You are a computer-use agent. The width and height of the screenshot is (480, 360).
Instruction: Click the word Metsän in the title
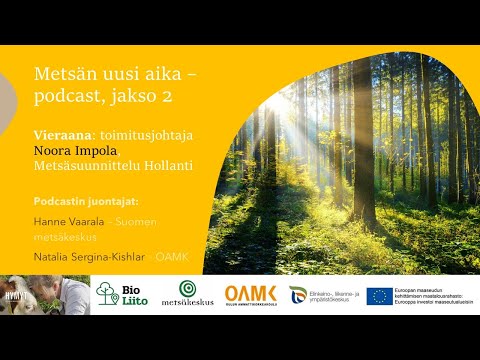pos(61,74)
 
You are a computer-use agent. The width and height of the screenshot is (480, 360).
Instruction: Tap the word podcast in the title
pos(67,98)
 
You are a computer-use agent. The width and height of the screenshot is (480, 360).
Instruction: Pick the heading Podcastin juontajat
pos(86,200)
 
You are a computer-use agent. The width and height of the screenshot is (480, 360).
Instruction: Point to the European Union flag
pos(379,295)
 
